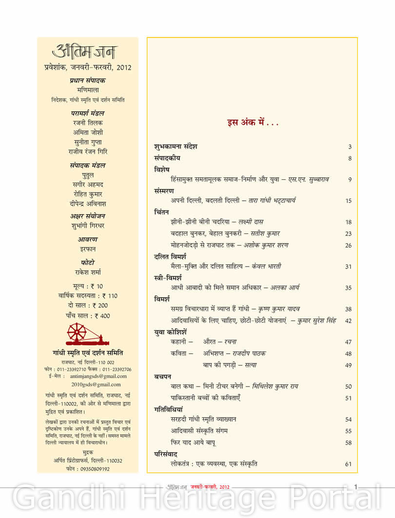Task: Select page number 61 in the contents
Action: click(348, 464)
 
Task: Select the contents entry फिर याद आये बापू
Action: click(193, 442)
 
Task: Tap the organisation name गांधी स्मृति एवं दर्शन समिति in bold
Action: click(88, 353)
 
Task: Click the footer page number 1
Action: click(356, 486)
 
